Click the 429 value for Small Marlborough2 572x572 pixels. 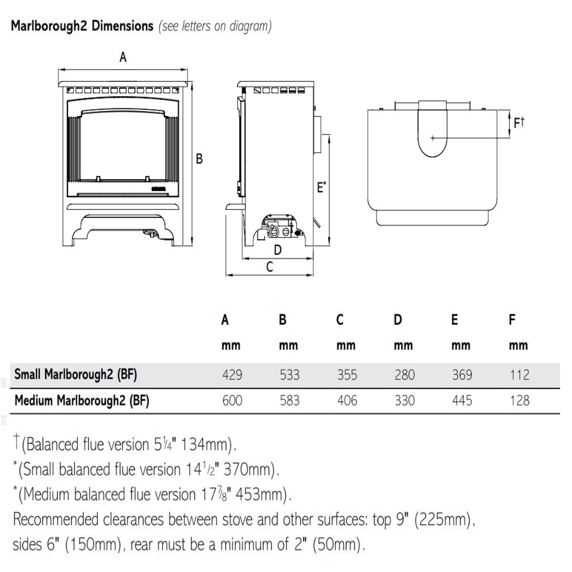point(232,375)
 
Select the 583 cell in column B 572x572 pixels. point(289,400)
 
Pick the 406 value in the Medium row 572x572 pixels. point(347,400)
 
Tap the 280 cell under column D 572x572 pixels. point(404,375)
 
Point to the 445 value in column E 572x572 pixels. point(462,400)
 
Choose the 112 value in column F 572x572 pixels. point(519,375)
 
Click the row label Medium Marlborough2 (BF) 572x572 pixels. point(82,400)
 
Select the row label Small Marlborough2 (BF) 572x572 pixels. point(76,375)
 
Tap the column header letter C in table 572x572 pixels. point(340,320)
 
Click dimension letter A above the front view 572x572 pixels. point(122,57)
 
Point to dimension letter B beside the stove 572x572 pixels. point(199,158)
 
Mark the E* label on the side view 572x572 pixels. point(321,186)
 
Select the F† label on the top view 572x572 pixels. point(519,122)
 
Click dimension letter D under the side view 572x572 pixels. point(278,249)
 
